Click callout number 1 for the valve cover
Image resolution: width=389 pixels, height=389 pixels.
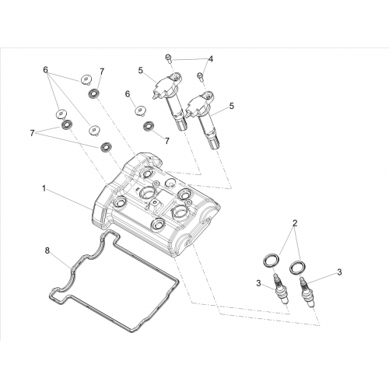(44, 188)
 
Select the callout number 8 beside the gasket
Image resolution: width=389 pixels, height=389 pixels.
(47, 251)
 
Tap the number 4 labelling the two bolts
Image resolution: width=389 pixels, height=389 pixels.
(211, 59)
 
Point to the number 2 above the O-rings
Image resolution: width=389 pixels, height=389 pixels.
(295, 223)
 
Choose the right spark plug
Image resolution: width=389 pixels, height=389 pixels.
(307, 293)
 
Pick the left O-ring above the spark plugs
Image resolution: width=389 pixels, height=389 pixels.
(272, 260)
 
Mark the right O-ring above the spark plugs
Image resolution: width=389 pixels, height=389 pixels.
(298, 267)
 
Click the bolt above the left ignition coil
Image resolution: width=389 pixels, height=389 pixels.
(169, 58)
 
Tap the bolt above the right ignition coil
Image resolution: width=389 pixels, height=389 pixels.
(200, 76)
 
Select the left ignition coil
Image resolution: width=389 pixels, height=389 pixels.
(169, 99)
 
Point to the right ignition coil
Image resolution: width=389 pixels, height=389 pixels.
(203, 118)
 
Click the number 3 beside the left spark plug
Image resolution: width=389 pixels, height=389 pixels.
(258, 283)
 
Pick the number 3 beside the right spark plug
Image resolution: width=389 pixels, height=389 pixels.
(339, 272)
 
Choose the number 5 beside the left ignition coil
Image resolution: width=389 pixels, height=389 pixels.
(141, 70)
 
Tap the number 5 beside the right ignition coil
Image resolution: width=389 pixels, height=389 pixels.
(231, 106)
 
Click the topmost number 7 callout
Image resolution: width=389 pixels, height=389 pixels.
(102, 72)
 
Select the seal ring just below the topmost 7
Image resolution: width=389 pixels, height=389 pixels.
(93, 93)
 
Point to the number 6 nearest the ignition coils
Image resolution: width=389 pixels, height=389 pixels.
(128, 94)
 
